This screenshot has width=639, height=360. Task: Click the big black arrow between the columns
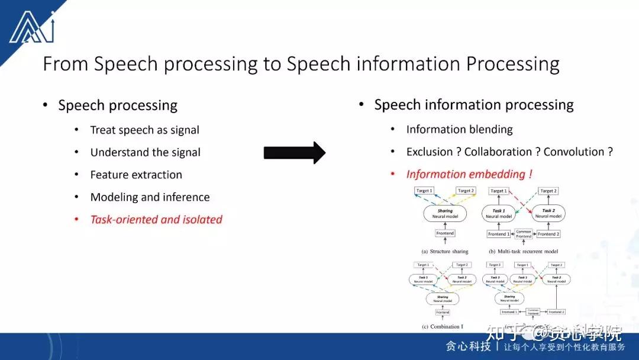click(x=294, y=153)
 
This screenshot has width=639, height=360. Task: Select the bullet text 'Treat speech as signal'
click(x=144, y=130)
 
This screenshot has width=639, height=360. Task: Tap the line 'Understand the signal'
click(x=145, y=153)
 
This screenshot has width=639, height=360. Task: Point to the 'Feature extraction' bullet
click(x=136, y=175)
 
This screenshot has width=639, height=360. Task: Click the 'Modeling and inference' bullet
click(x=150, y=198)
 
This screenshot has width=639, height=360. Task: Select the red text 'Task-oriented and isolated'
click(x=156, y=220)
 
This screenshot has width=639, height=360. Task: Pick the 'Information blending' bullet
click(x=459, y=130)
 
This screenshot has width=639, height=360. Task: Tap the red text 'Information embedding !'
click(x=469, y=175)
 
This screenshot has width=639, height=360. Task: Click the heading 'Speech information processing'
click(x=473, y=105)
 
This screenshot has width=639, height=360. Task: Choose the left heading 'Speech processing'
click(x=118, y=106)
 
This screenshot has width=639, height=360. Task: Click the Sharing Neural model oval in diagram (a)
click(x=445, y=214)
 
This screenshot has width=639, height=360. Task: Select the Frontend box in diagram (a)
click(x=445, y=233)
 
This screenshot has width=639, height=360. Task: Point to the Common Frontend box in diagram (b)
click(x=523, y=234)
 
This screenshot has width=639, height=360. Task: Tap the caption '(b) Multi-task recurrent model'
click(x=523, y=252)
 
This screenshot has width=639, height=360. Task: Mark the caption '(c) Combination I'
click(x=443, y=326)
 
